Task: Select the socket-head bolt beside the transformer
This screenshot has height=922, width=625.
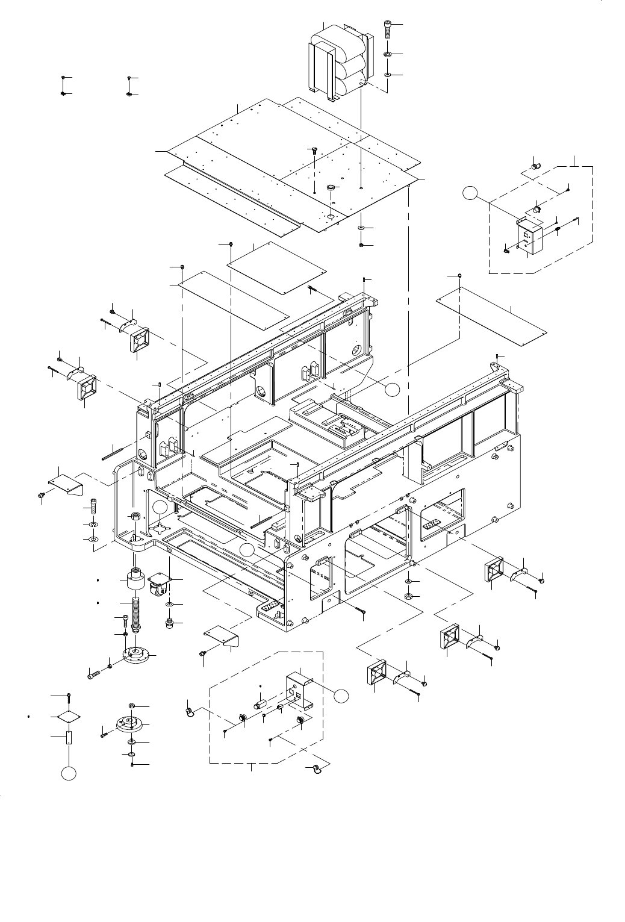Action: [x=387, y=29]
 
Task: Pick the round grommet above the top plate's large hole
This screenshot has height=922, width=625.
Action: [x=330, y=188]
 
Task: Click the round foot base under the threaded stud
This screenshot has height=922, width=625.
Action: [x=135, y=654]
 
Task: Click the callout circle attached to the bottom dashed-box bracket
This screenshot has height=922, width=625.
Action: [x=341, y=696]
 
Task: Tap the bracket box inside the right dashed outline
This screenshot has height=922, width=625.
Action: [x=528, y=236]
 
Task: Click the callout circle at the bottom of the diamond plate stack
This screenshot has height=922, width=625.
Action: [x=69, y=774]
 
